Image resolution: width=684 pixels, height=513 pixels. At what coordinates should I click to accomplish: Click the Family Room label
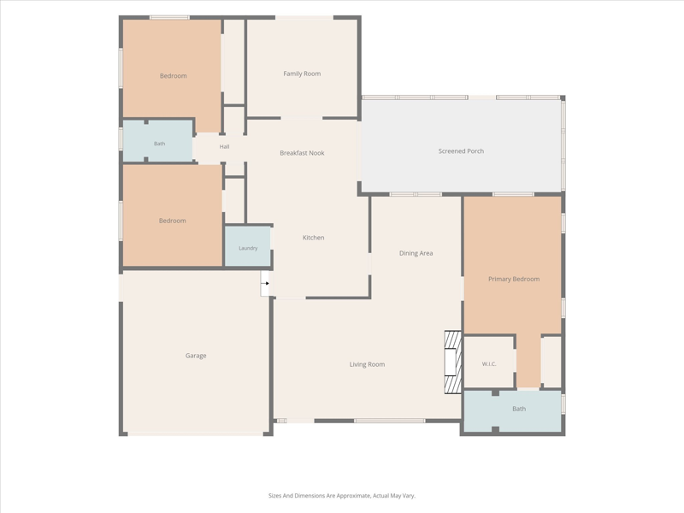302,74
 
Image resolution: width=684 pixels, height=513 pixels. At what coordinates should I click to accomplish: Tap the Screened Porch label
461,151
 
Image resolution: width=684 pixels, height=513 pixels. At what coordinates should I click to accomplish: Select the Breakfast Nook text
302,153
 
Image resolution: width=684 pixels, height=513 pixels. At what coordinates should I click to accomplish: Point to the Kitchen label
313,238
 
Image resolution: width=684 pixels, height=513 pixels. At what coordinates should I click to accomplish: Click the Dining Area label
416,253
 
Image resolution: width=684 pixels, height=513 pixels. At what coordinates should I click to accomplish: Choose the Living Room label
367,364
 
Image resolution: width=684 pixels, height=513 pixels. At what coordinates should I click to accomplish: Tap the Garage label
196,356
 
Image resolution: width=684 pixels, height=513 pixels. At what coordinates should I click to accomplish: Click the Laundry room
247,245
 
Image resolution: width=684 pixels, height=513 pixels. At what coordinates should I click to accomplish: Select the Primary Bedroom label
514,279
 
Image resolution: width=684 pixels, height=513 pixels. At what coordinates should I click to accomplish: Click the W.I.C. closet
489,362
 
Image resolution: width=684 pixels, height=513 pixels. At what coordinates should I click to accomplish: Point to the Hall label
224,146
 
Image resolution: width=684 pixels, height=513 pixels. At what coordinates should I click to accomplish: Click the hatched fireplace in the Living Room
453,362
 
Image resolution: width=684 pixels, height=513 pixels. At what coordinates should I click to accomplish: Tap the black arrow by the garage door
265,284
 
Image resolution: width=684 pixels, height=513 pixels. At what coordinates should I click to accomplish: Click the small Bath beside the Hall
158,141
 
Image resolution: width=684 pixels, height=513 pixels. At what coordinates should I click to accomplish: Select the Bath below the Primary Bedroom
512,411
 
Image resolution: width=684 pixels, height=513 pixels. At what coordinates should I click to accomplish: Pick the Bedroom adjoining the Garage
173,215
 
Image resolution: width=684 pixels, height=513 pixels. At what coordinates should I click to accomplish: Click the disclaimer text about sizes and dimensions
341,496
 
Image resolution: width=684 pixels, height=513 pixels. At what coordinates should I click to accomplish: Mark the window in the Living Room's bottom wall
390,421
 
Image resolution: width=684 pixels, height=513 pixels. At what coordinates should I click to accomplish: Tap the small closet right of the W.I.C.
551,362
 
